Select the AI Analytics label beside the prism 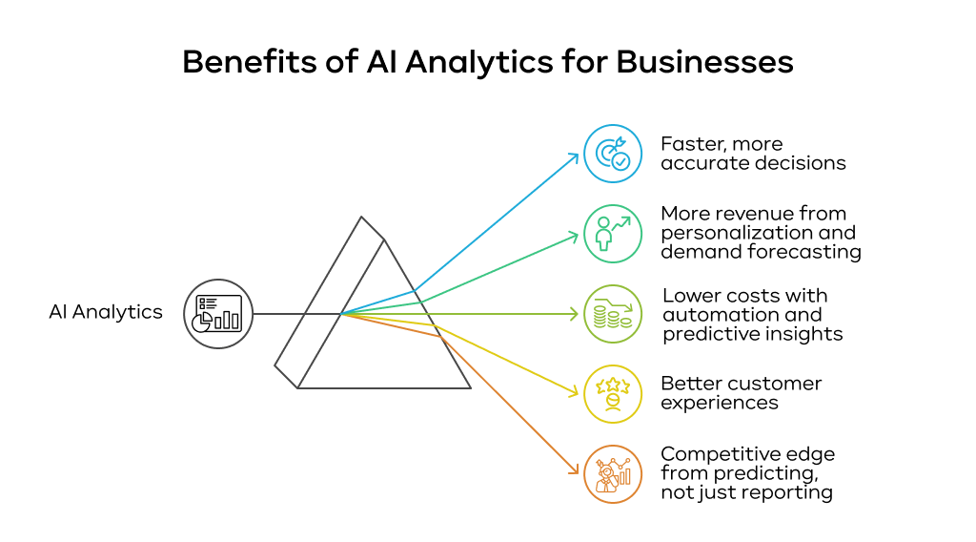[106, 312]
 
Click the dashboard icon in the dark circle [218, 313]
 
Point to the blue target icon [613, 154]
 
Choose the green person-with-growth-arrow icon [613, 234]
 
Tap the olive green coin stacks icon [613, 314]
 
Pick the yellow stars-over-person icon [613, 393]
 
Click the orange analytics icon [613, 474]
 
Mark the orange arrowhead [576, 470]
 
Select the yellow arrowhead [576, 392]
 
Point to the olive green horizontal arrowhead [576, 313]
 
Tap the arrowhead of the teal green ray [576, 234]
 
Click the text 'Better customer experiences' [741, 392]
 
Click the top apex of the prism [361, 218]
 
